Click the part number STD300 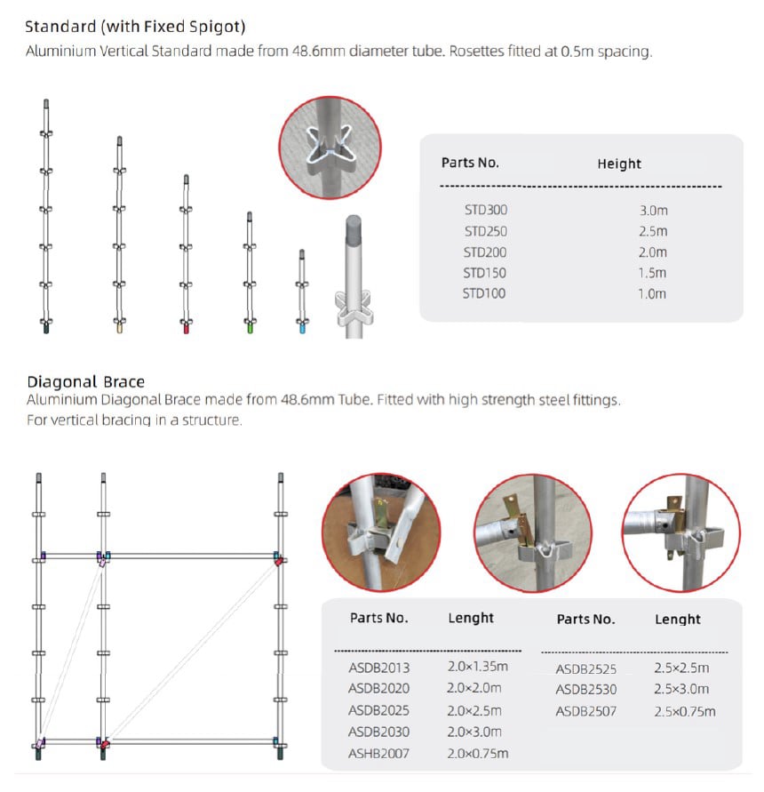484,211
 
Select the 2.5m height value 652,231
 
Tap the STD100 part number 484,293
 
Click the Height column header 619,164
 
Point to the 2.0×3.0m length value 475,732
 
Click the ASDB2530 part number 586,690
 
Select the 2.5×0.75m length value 685,711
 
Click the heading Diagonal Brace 86,383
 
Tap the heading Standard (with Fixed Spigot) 135,26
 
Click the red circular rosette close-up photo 330,148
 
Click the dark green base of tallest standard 46,327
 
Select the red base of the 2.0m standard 186,328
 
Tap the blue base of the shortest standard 302,328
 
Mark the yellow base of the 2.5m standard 119,327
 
